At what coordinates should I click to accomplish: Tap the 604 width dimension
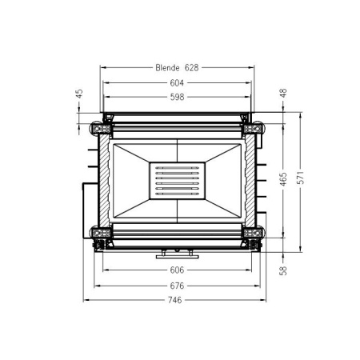(x=177, y=82)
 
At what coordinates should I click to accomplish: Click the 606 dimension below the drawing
(x=177, y=270)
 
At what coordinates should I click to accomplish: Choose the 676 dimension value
(x=177, y=285)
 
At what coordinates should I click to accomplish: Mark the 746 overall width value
(x=177, y=300)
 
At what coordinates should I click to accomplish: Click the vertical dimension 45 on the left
(x=79, y=94)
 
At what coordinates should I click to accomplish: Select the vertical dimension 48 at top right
(x=282, y=94)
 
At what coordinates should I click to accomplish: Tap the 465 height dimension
(x=282, y=179)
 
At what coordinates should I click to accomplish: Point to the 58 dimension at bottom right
(x=282, y=270)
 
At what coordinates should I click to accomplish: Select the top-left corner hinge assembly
(x=102, y=126)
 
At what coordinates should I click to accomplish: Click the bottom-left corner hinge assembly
(x=102, y=235)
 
